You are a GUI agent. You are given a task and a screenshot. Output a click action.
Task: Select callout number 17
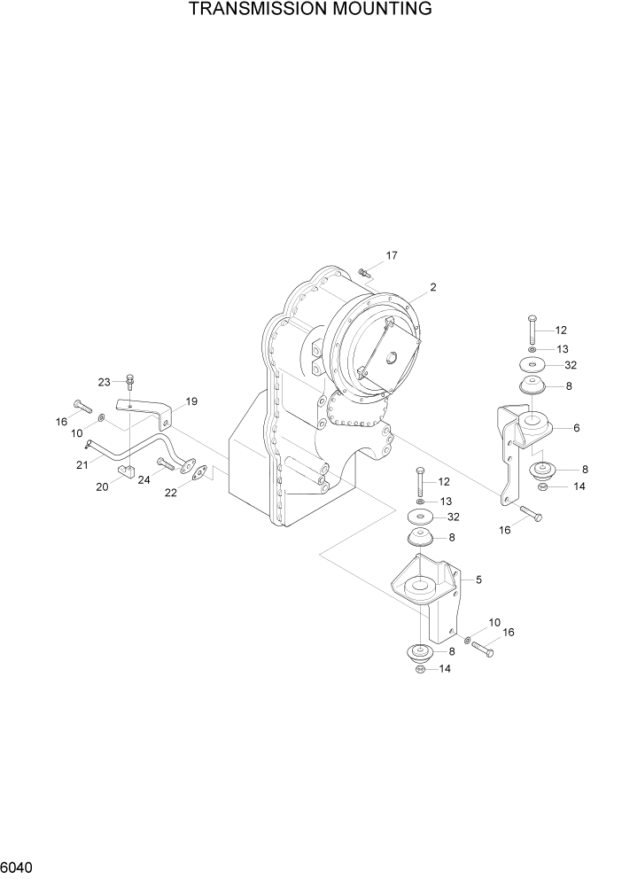point(392,256)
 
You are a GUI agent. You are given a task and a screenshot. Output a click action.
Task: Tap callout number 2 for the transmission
point(433,287)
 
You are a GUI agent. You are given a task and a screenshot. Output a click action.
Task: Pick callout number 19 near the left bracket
point(190,401)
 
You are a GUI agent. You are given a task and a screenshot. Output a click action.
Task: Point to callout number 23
point(104,383)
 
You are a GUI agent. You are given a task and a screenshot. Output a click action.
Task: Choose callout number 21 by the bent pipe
point(81,464)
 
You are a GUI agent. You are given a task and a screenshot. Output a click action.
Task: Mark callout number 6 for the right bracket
point(576,428)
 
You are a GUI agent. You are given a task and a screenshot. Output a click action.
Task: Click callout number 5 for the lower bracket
point(478,580)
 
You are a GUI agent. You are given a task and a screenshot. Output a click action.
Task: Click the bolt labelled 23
point(130,383)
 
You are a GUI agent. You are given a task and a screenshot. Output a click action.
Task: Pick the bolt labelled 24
point(167,463)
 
